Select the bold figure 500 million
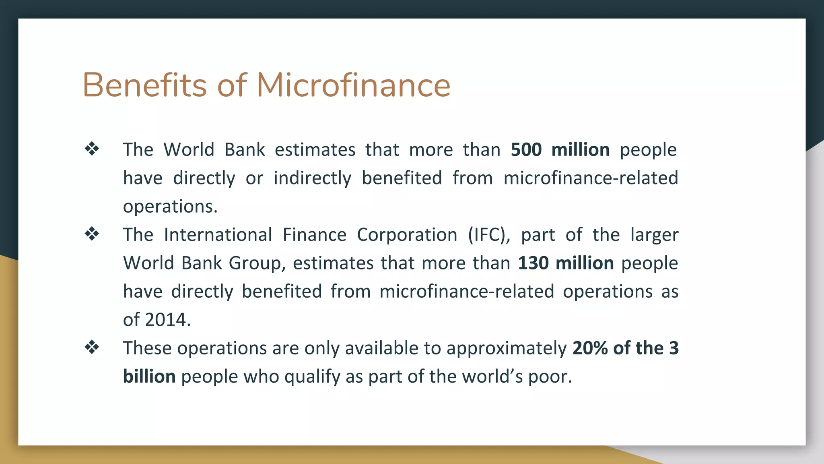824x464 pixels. (560, 149)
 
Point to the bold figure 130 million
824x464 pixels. (566, 263)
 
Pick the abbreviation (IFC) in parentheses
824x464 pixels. (489, 235)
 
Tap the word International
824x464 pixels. (218, 235)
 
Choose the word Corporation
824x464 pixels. (407, 235)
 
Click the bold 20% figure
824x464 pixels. (590, 348)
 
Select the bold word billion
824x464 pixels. (149, 377)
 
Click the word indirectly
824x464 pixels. (312, 178)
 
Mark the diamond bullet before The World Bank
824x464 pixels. (92, 149)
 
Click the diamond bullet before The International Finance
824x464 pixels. (92, 234)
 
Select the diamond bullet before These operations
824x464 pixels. (92, 347)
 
